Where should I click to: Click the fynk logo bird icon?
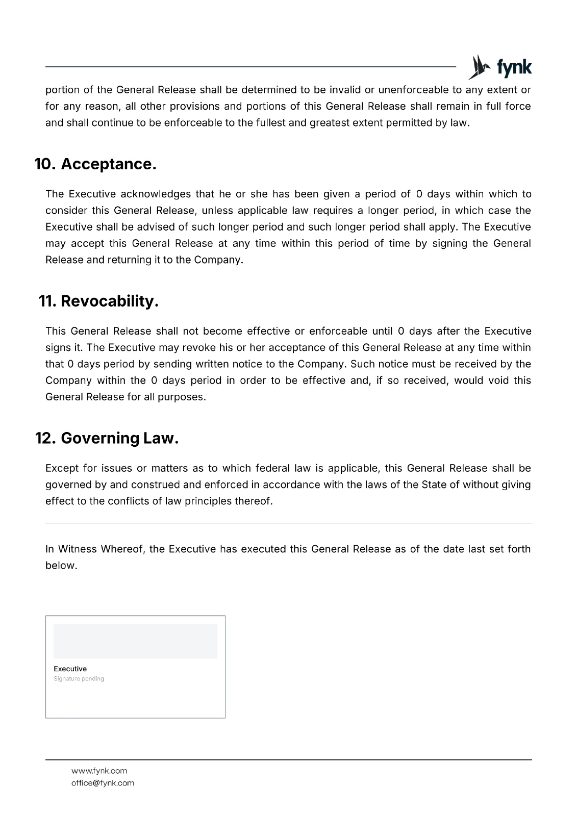pos(479,67)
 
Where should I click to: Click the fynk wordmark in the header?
pos(514,68)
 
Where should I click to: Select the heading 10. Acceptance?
pos(95,164)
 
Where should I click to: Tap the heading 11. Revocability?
pos(98,301)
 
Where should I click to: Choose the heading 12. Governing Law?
pos(107,439)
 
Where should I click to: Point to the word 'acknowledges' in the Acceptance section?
pos(155,194)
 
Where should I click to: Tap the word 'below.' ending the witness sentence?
pos(61,566)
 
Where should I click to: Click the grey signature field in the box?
pos(135,641)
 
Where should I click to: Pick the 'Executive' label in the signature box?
pos(70,669)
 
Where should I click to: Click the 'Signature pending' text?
pos(79,679)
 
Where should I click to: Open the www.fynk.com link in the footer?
pos(99,771)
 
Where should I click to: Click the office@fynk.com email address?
pos(103,783)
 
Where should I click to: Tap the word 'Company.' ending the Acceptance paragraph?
pos(218,260)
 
